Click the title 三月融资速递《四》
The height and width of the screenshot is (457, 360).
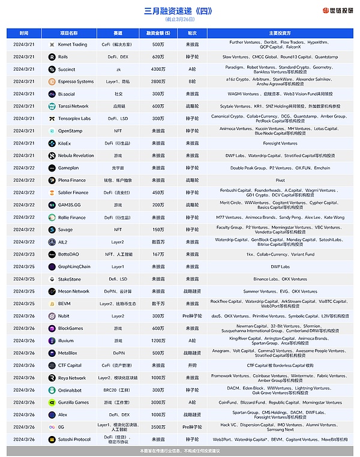(x=179, y=11)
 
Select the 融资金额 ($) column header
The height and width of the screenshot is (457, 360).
(x=158, y=33)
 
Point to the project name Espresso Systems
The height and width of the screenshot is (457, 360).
(x=76, y=82)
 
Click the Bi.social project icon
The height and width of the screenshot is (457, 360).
(x=52, y=94)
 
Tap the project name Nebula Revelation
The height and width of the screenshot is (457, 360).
(x=76, y=156)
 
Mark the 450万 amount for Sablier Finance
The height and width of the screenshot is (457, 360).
(x=158, y=193)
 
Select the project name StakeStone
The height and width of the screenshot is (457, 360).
(x=71, y=279)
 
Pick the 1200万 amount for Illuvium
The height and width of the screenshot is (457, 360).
(x=158, y=341)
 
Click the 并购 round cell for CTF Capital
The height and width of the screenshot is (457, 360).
(x=192, y=365)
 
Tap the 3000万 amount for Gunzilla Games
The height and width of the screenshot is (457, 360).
(x=158, y=402)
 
